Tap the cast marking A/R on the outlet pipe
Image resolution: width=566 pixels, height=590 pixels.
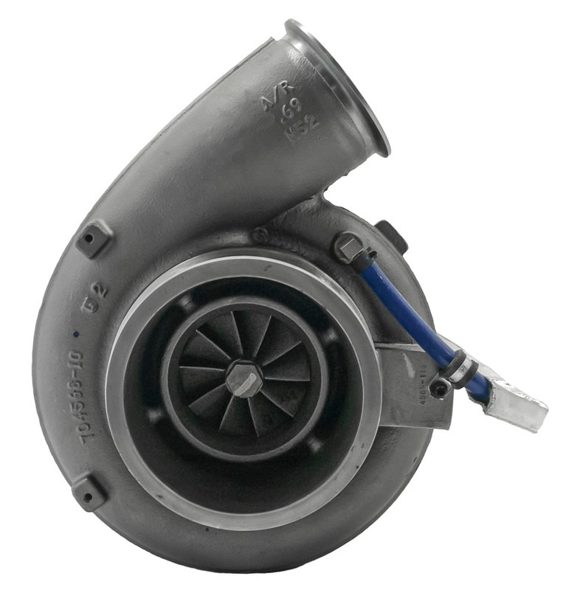tap(272, 100)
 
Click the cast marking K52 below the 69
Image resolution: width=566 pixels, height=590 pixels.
tap(305, 125)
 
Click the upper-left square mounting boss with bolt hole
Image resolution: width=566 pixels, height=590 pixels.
tap(94, 238)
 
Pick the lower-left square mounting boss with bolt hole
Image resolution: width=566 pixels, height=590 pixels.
tap(89, 492)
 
